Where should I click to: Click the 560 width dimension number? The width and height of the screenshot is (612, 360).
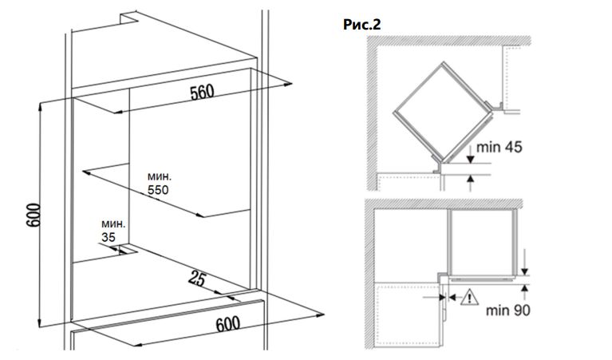tap(202, 92)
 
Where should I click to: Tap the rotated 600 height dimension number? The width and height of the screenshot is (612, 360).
tap(34, 216)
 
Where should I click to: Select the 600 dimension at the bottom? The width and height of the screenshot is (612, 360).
tap(227, 324)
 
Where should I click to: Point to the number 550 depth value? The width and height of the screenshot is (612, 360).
tap(158, 190)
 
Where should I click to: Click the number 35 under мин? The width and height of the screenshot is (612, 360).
tap(108, 237)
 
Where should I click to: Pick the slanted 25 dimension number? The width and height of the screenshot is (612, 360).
tap(197, 279)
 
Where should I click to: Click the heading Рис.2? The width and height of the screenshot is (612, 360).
tap(361, 25)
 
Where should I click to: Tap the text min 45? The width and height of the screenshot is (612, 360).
tap(499, 147)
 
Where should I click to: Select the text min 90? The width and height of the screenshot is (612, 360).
tap(508, 311)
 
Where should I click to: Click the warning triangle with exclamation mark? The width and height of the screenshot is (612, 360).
tap(469, 298)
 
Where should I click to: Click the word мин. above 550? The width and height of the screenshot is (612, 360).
tap(160, 176)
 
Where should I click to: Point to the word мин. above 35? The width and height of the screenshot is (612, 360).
tap(113, 224)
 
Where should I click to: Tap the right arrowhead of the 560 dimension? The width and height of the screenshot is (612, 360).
tap(288, 84)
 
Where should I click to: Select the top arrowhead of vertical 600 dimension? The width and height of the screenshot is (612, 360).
tap(40, 107)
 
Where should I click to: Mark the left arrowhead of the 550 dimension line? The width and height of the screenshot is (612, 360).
tap(87, 172)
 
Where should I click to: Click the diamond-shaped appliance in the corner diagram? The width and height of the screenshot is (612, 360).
tap(444, 111)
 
